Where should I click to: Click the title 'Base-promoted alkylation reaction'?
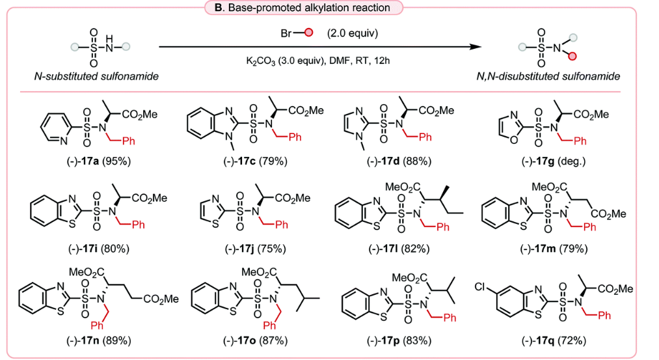(x=309, y=8)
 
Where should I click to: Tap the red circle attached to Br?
(x=308, y=33)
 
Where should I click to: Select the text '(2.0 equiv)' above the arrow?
(x=353, y=33)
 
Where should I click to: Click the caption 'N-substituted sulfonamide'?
(x=96, y=76)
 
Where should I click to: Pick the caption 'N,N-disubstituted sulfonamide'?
(x=548, y=76)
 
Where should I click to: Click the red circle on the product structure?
(x=572, y=57)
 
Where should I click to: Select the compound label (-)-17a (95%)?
(x=99, y=161)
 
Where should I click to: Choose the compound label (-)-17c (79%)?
(x=255, y=161)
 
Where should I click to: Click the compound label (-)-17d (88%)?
(x=399, y=161)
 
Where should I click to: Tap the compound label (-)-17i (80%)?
(x=99, y=249)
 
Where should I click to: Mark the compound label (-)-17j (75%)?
(x=255, y=249)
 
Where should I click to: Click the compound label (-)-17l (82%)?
(x=399, y=249)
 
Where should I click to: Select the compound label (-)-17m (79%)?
(x=553, y=249)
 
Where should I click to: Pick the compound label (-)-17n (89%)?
(x=99, y=340)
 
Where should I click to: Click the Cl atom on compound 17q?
(x=480, y=287)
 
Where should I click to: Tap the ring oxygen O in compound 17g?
(x=513, y=139)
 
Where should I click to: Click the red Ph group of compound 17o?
(x=269, y=325)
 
